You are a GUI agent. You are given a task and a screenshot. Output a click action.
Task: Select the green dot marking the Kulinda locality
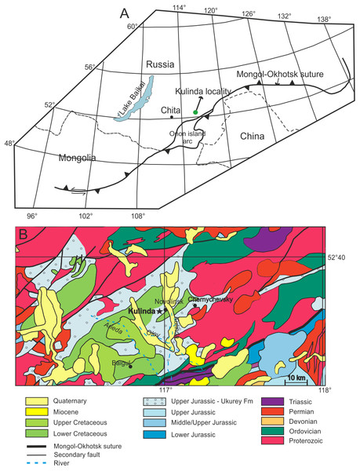click(x=195, y=112)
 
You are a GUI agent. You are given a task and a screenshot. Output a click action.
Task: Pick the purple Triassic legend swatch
click(x=256, y=402)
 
